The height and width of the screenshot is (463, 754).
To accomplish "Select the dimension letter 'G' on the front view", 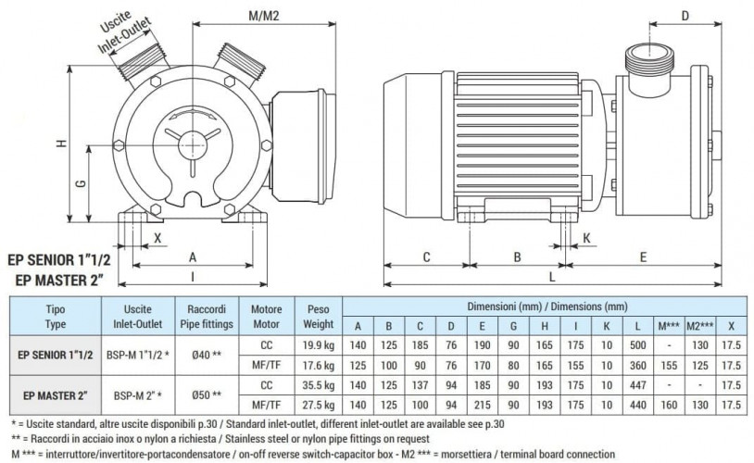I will [82, 183].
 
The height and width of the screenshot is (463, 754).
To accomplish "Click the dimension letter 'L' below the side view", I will [553, 276].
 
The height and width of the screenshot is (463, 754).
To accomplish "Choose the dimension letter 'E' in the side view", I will [642, 256].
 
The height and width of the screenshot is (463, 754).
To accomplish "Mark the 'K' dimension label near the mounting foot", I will [587, 239].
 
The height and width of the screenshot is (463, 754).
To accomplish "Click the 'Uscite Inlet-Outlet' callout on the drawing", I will [127, 32].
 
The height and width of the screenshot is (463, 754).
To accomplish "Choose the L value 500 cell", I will [637, 344].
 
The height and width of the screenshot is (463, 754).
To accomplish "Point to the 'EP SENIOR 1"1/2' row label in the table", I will [56, 353].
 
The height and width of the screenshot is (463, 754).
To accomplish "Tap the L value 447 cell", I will [637, 384].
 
